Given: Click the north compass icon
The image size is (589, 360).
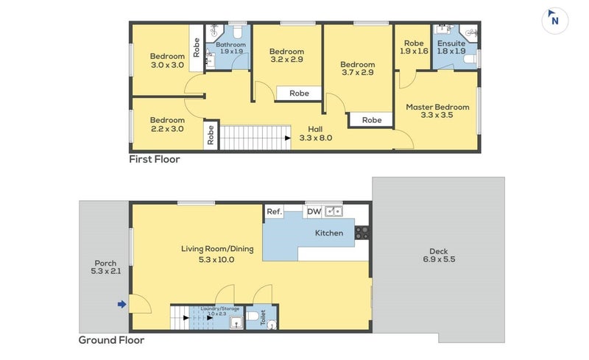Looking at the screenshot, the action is click(554, 21).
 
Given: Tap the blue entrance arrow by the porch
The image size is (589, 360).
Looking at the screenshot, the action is click(121, 304).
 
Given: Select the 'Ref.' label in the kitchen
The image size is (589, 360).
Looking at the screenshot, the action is click(274, 211).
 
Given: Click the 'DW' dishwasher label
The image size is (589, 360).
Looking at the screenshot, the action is click(314, 211).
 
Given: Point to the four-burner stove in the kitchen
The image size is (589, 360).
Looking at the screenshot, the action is click(362, 233).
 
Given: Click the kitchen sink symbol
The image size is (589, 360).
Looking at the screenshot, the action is click(334, 211).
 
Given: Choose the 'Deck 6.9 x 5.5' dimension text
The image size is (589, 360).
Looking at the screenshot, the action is click(439, 255).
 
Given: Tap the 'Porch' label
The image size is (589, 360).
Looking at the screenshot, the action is click(105, 263).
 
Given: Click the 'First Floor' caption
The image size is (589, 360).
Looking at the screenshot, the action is click(155, 159).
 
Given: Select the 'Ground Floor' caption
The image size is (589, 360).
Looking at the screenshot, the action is click(111, 340).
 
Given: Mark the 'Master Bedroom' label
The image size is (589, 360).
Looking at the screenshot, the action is click(437, 107).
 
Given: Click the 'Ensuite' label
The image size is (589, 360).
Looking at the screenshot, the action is click(451, 43).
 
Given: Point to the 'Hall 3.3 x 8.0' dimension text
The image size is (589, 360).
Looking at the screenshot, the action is click(316, 133).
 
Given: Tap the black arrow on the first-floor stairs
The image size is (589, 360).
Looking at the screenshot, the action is click(288, 138).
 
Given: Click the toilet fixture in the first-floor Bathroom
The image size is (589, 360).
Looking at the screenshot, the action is click(237, 32).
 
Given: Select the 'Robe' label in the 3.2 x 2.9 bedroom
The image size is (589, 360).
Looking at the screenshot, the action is click(299, 93).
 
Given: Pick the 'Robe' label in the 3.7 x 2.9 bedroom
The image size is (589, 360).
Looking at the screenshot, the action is click(372, 120).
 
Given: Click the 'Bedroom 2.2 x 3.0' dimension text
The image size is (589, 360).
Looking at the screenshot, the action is click(167, 124).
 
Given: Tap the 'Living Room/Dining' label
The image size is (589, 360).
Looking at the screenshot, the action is click(217, 249).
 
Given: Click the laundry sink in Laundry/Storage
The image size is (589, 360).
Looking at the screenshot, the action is click(236, 322).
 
